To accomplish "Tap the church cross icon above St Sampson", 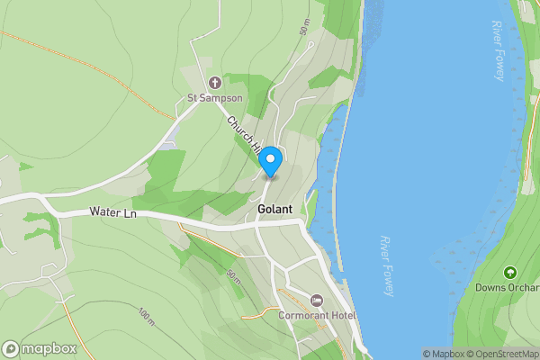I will coord(215,83).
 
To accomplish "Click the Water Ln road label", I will coord(112,213).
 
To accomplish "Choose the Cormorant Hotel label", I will coord(317,316).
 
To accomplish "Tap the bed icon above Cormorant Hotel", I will coord(316,300).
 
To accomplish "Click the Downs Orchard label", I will coord(508,288).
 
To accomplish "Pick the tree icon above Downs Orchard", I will coord(509,272).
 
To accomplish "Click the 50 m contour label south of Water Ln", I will coord(234,274).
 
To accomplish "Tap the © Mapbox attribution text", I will coord(444,354).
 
